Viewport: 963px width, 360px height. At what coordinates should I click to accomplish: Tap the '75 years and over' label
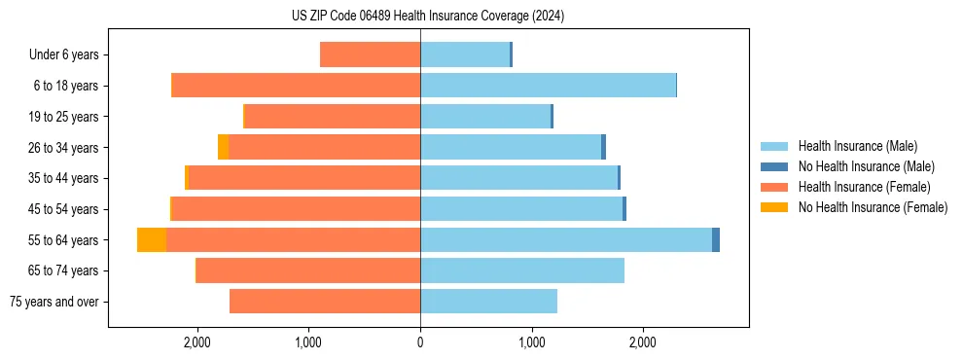tap(54, 302)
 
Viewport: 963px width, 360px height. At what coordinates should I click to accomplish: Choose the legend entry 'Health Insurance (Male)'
tap(858, 146)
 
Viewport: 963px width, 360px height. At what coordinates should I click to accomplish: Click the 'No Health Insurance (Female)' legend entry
tap(873, 207)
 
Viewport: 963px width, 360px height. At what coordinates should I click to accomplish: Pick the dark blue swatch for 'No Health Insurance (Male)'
tap(774, 166)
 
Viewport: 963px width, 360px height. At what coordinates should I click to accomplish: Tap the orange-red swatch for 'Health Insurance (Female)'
tap(774, 187)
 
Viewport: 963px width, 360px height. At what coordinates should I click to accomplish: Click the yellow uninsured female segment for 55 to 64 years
tap(152, 240)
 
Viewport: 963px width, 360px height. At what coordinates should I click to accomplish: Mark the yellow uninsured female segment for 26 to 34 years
tap(223, 148)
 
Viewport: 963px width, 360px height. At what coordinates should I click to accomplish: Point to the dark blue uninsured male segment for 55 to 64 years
tap(716, 240)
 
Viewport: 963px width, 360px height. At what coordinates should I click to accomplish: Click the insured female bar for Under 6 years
tap(370, 55)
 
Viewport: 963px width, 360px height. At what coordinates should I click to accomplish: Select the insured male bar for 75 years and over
tap(488, 302)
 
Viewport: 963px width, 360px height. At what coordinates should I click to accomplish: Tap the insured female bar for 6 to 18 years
tap(296, 86)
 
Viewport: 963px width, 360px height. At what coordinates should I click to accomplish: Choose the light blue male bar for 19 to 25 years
tap(485, 117)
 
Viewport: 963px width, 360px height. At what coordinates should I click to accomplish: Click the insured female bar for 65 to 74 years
tap(308, 270)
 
